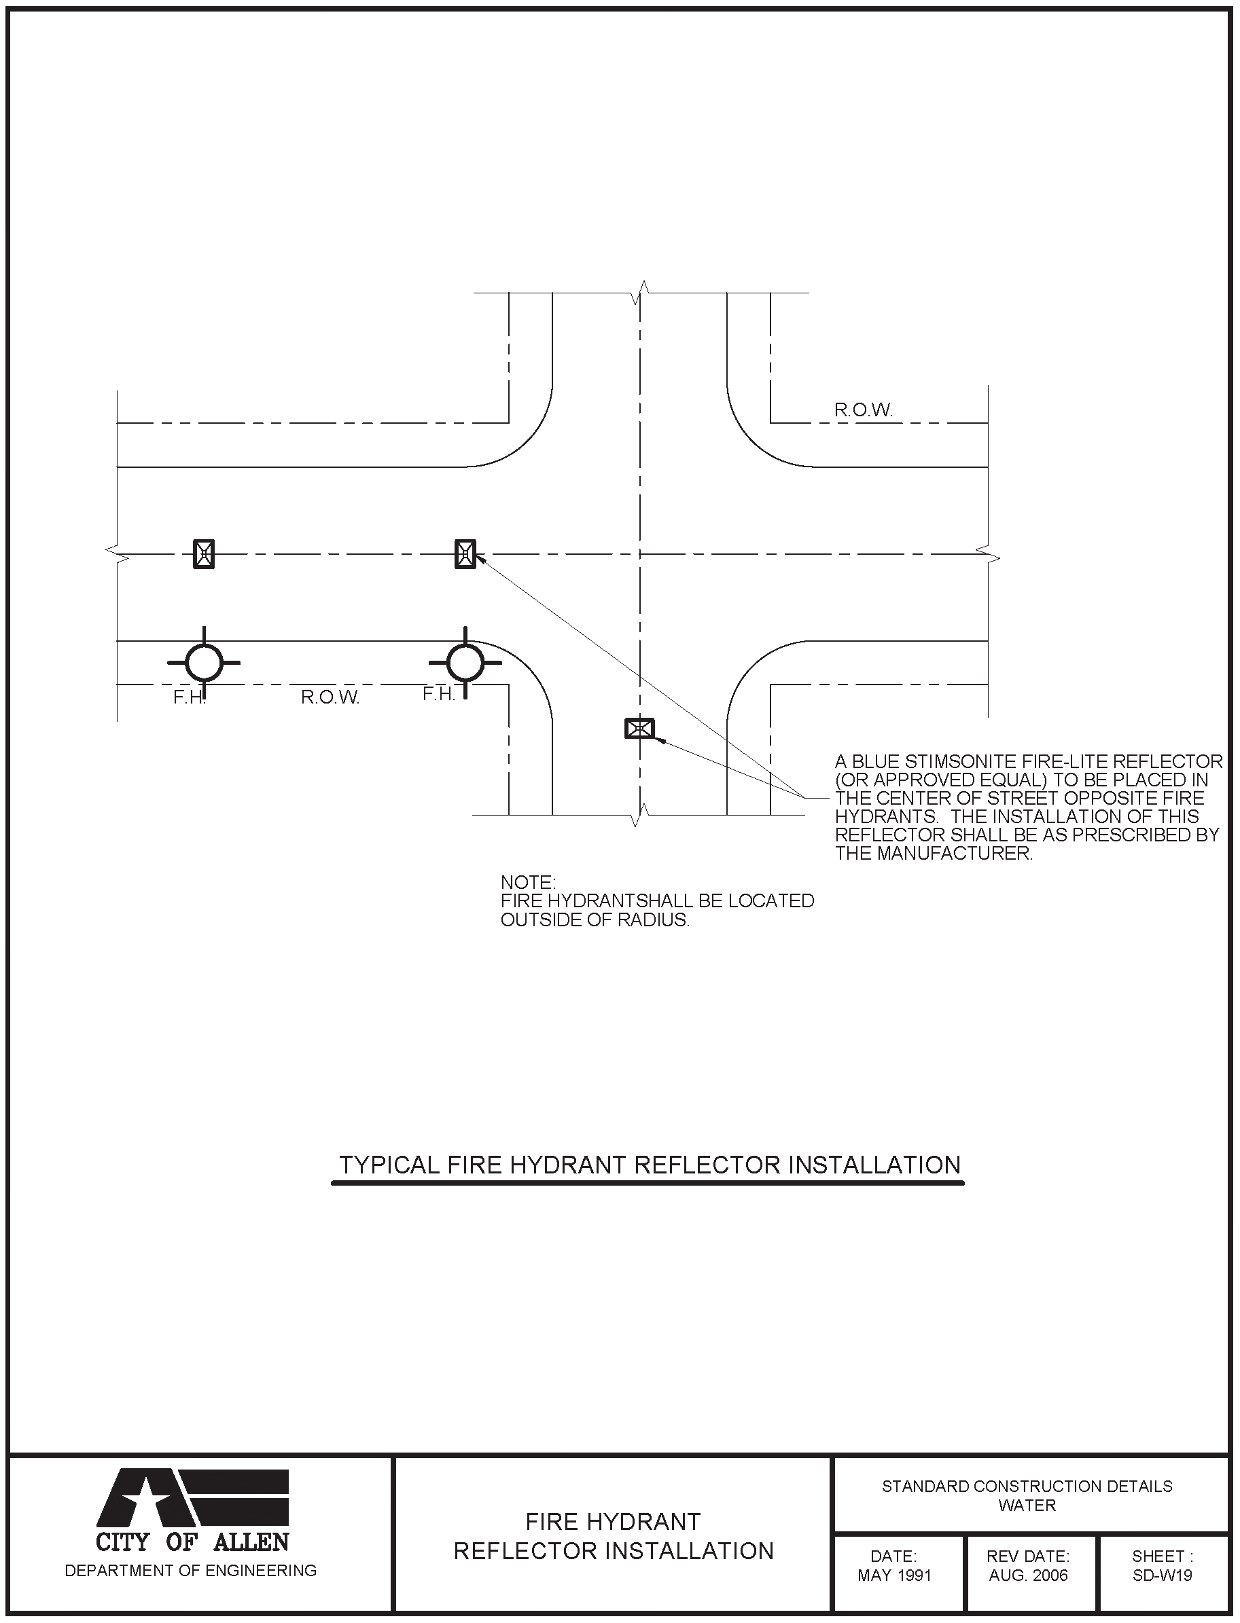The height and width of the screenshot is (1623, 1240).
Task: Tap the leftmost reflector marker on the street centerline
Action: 204,553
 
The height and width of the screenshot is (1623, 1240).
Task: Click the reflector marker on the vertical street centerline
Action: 639,729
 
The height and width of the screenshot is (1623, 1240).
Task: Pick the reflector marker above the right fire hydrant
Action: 465,553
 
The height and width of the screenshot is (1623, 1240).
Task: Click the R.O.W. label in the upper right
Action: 863,410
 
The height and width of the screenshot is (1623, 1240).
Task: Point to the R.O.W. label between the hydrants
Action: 330,697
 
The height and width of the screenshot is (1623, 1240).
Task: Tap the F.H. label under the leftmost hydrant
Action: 189,697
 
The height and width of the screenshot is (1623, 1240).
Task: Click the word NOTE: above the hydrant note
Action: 528,882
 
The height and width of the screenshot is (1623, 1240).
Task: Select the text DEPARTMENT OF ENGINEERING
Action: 190,1571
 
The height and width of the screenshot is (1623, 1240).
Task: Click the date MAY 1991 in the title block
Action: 894,1575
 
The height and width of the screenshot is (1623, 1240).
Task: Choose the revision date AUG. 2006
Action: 1028,1575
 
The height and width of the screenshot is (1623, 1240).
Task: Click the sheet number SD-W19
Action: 1162,1575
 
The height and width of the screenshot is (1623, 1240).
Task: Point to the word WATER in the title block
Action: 1027,1505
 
